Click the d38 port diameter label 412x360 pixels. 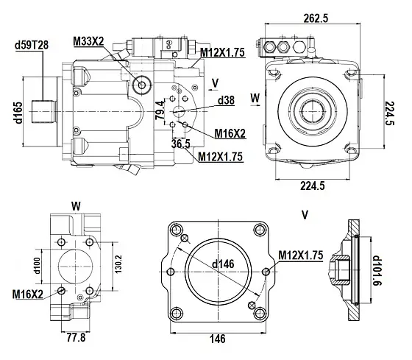[226, 100]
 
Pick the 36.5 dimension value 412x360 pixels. [182, 143]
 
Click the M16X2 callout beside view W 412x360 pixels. [27, 294]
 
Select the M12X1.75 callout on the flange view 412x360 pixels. [302, 255]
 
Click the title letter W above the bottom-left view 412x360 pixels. [76, 205]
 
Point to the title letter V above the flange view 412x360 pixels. [304, 214]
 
